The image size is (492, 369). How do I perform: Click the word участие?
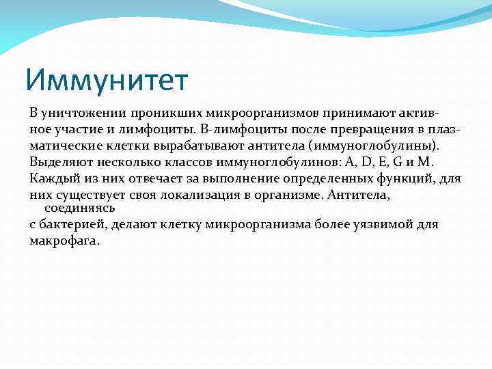(x=84, y=128)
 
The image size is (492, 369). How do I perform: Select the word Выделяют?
(x=59, y=162)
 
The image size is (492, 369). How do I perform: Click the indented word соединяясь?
(x=79, y=207)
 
